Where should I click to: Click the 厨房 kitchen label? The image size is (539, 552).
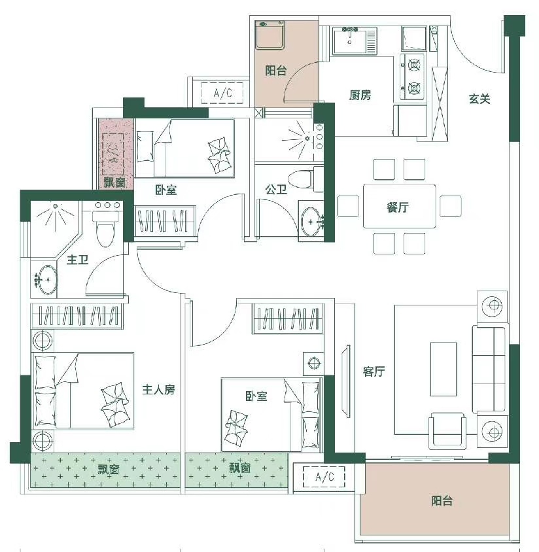(x=360, y=95)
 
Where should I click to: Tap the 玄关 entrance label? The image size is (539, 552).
(x=479, y=99)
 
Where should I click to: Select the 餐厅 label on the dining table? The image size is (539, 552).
(x=398, y=207)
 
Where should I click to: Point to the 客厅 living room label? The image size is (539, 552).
(x=374, y=371)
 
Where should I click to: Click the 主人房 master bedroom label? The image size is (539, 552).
(x=158, y=390)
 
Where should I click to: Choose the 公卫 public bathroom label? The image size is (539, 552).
(x=276, y=190)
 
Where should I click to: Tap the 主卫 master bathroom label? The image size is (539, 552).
(x=77, y=260)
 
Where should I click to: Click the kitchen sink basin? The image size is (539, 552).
(x=349, y=41)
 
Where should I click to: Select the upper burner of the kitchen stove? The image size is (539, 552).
(x=414, y=65)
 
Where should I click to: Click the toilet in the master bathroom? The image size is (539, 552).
(x=105, y=229)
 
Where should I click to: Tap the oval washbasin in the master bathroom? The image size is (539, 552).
(x=48, y=280)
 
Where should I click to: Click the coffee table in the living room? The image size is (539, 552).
(x=443, y=369)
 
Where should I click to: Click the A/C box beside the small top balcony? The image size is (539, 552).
(x=222, y=93)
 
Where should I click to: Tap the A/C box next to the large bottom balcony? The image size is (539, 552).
(x=324, y=477)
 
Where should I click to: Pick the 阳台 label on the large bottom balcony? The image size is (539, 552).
(x=442, y=501)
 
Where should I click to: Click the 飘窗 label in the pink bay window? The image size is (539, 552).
(x=114, y=182)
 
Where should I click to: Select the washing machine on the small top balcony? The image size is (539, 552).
(x=270, y=35)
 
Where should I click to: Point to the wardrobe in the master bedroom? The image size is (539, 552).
(x=77, y=315)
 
